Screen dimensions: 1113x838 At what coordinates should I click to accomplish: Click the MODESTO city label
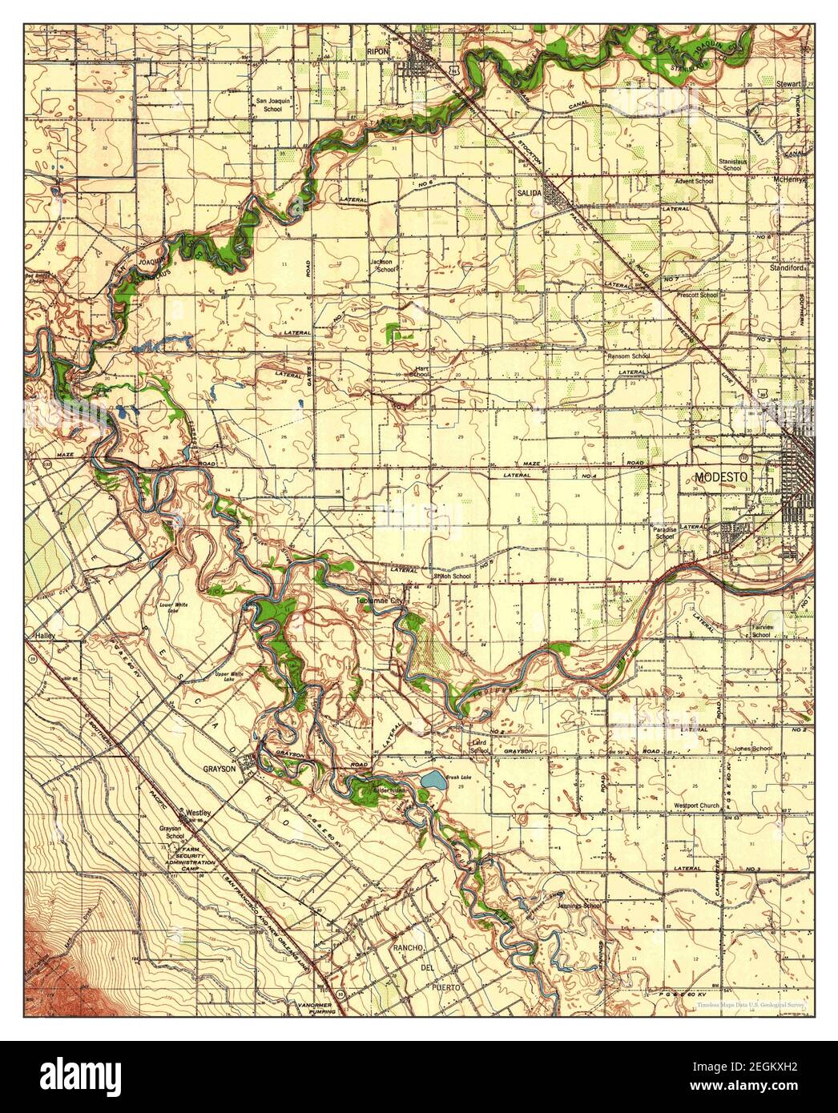click(x=720, y=476)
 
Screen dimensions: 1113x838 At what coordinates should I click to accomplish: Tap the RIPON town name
click(x=400, y=48)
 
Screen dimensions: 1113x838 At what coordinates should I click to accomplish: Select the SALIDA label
click(x=530, y=194)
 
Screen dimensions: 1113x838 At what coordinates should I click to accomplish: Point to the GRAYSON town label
click(x=218, y=768)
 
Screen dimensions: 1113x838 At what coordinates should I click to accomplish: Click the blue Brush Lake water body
click(x=431, y=779)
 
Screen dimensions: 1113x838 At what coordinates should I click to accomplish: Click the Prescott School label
click(x=697, y=295)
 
